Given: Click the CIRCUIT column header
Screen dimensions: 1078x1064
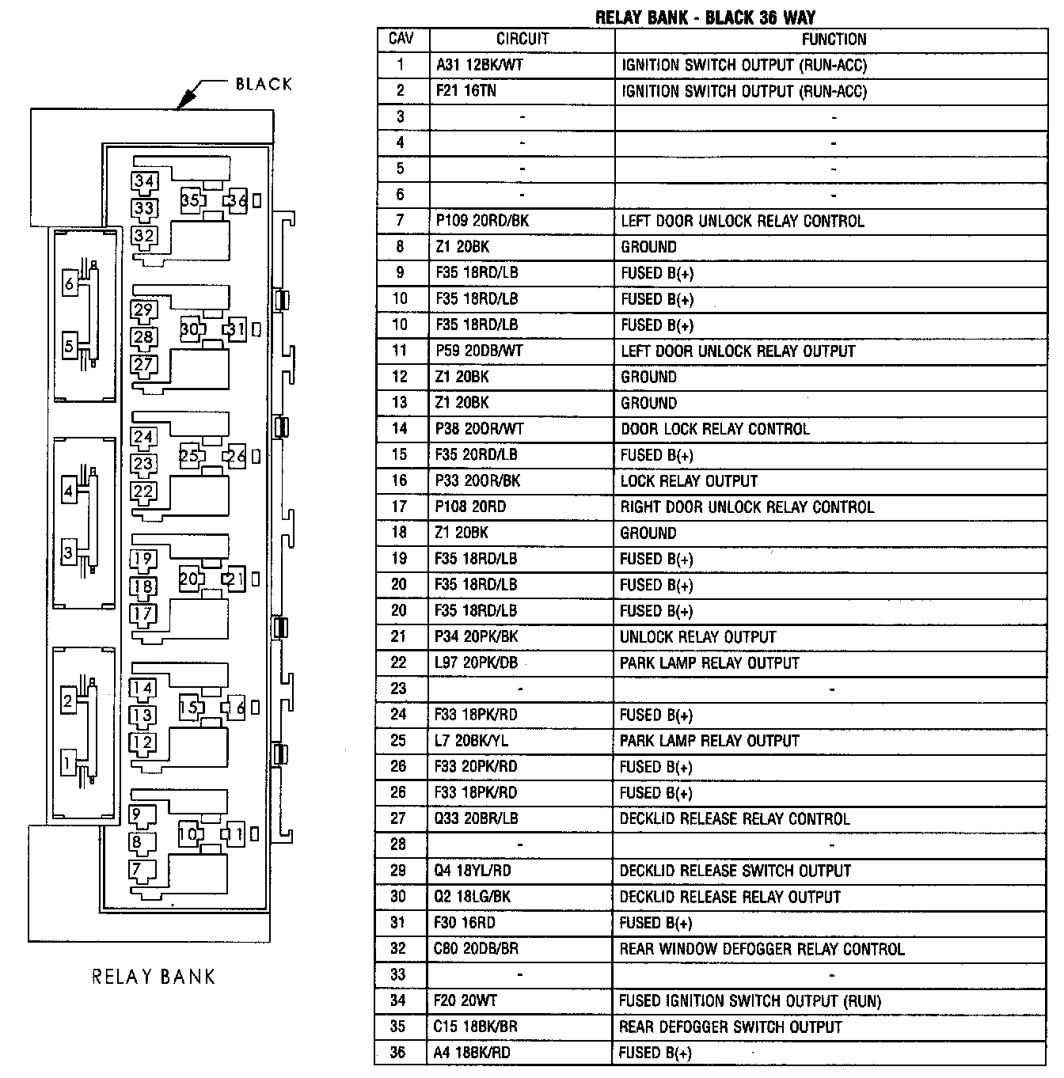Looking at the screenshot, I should [522, 39].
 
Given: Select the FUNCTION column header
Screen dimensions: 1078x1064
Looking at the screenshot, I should [834, 39].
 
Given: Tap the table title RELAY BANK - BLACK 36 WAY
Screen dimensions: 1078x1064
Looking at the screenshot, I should [705, 17].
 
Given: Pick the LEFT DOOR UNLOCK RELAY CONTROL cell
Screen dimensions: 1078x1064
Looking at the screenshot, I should [742, 221].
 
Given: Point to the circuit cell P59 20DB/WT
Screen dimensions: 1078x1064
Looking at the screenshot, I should [479, 351].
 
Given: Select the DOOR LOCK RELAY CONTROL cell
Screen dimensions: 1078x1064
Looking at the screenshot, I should [715, 429].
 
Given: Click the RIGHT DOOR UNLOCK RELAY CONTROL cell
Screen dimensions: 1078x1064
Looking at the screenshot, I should [747, 507].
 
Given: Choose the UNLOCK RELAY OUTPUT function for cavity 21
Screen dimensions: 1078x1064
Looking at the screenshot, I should [697, 637].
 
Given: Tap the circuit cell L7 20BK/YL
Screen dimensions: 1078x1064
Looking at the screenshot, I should [472, 741].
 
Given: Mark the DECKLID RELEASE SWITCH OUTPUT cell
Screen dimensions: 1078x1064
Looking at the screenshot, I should [735, 871].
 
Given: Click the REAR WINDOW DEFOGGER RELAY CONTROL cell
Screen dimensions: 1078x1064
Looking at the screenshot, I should [761, 949].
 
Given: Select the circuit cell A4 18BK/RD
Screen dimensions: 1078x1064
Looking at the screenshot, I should [472, 1053].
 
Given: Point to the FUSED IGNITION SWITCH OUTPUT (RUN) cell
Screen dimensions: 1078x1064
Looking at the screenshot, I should [749, 1001].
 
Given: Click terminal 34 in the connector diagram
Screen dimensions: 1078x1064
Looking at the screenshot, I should [144, 181].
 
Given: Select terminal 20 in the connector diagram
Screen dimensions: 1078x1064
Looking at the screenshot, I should [188, 579].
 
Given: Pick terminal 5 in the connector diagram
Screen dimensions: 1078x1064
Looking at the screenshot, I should [69, 346].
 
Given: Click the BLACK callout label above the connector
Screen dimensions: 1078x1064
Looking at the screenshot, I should [264, 84].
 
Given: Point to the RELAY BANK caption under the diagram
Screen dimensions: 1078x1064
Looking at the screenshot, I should [154, 977].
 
